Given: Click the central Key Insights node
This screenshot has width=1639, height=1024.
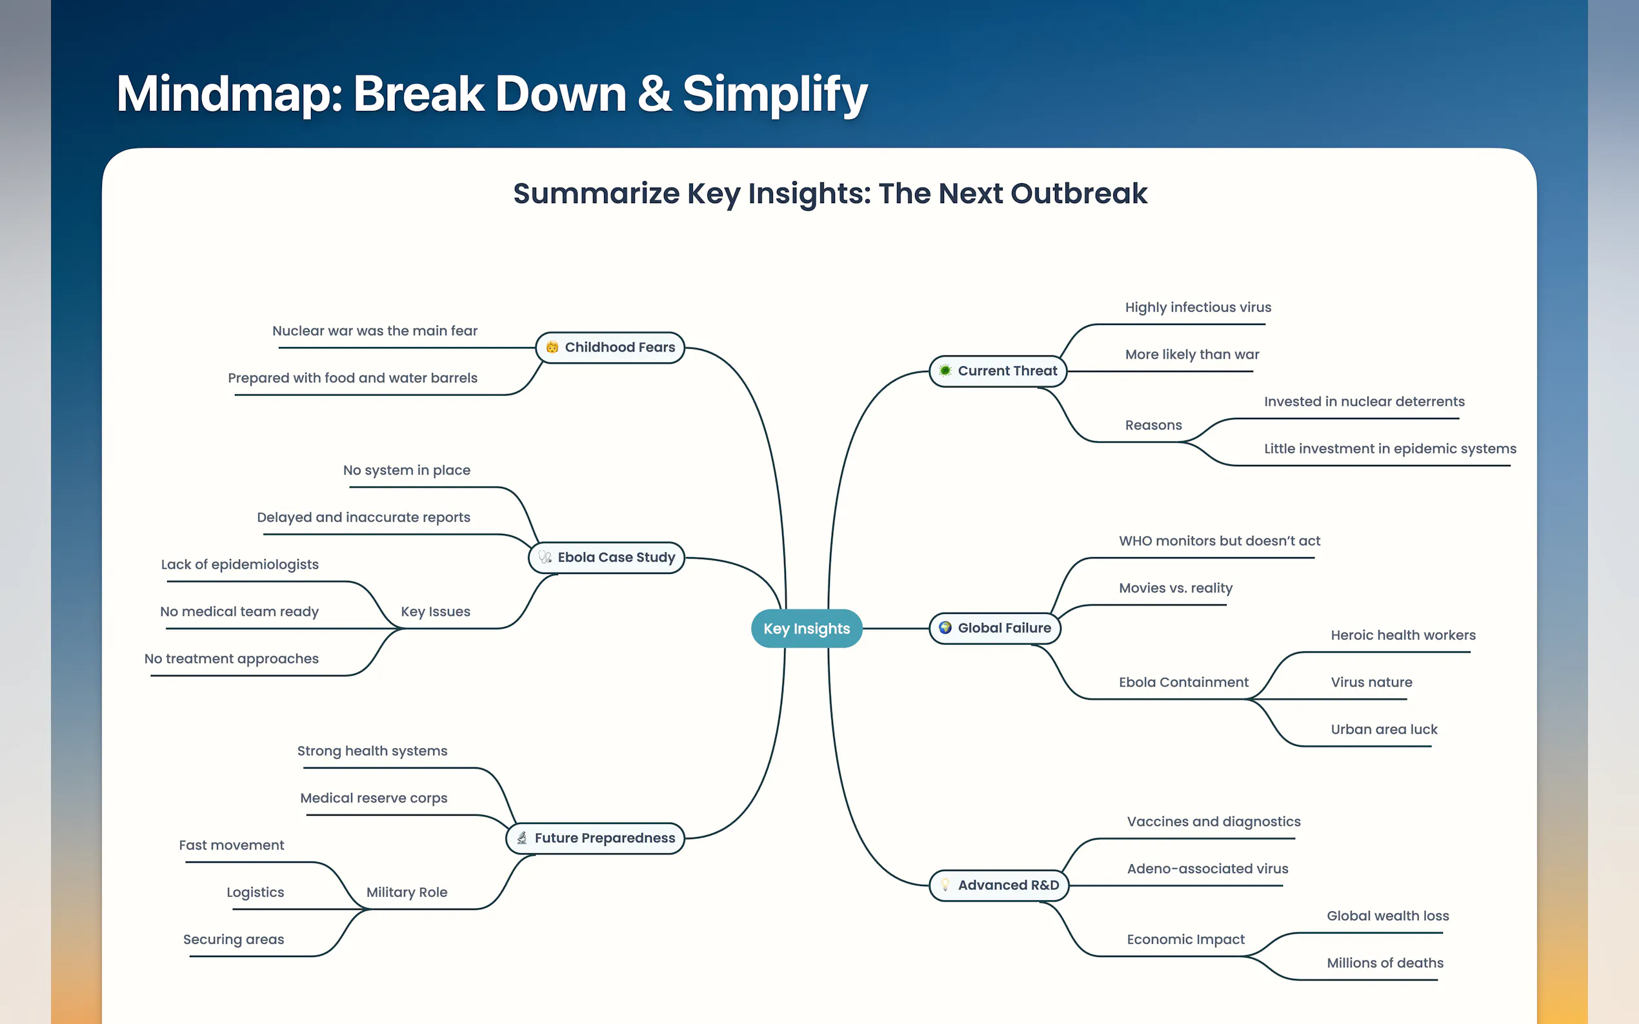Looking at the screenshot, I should point(807,629).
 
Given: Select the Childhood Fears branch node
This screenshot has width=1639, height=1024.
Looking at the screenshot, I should point(610,348).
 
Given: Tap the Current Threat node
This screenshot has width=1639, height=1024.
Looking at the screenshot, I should point(998,371).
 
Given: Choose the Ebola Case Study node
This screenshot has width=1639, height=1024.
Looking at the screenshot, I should point(607,557).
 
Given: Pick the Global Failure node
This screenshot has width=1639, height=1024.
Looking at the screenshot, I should point(994,629).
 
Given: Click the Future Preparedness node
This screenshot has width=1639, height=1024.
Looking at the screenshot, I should point(596,838).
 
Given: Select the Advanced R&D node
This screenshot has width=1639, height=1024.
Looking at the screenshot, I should point(999,885).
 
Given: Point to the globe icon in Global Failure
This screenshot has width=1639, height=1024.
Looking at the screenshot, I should point(945,628).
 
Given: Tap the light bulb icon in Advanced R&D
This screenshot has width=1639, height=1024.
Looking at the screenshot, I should point(945,885).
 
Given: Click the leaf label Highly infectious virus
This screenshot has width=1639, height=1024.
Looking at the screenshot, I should point(1198,308).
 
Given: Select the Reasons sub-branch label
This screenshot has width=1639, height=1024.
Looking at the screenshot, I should point(1153,426).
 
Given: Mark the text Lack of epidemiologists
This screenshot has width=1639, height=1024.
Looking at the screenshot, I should point(240,565).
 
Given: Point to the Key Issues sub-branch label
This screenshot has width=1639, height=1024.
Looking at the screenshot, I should point(436,611).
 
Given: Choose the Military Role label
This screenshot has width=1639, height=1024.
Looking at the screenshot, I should point(407,892).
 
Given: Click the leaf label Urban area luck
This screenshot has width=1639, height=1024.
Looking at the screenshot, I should point(1383,729).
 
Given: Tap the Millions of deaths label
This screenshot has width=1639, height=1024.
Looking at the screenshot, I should point(1385,963).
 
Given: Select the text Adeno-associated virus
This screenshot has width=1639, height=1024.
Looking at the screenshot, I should point(1207,869).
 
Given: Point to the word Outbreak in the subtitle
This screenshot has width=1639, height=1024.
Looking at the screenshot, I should point(1079,193).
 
